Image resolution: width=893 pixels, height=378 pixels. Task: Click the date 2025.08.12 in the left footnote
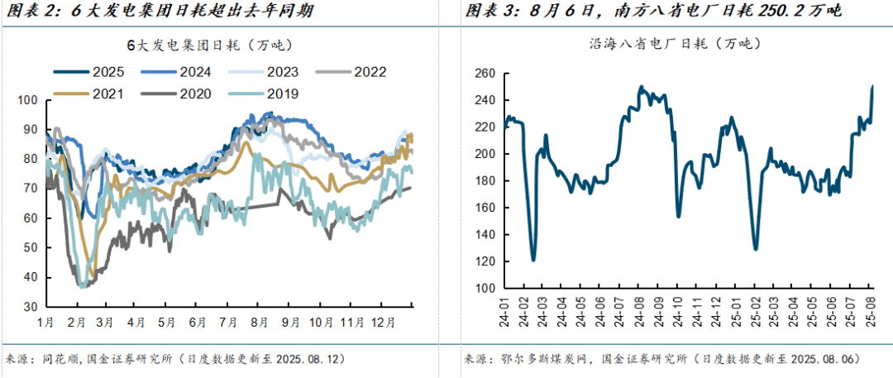click(x=303, y=360)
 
